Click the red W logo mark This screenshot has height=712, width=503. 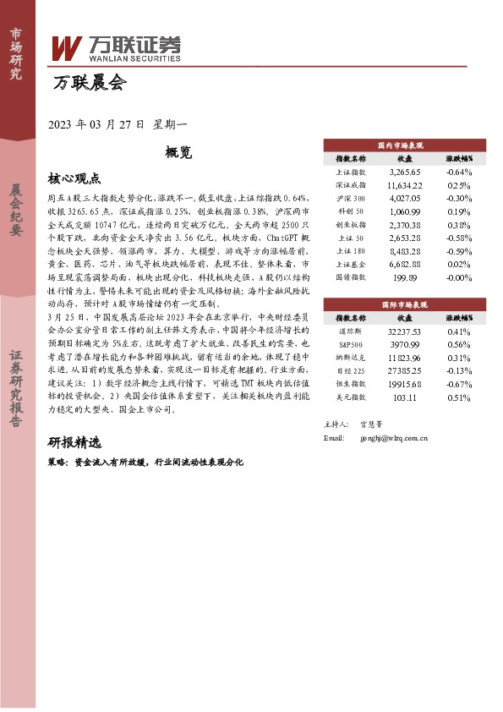click(x=67, y=48)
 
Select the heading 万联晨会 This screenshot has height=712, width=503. click(x=89, y=84)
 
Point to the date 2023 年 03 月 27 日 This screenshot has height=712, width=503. click(x=98, y=124)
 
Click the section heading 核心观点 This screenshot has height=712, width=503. click(x=74, y=178)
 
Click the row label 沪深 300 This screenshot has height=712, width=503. click(x=350, y=199)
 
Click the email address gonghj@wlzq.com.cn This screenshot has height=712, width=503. click(x=394, y=439)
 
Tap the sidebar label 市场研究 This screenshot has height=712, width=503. click(x=15, y=52)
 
